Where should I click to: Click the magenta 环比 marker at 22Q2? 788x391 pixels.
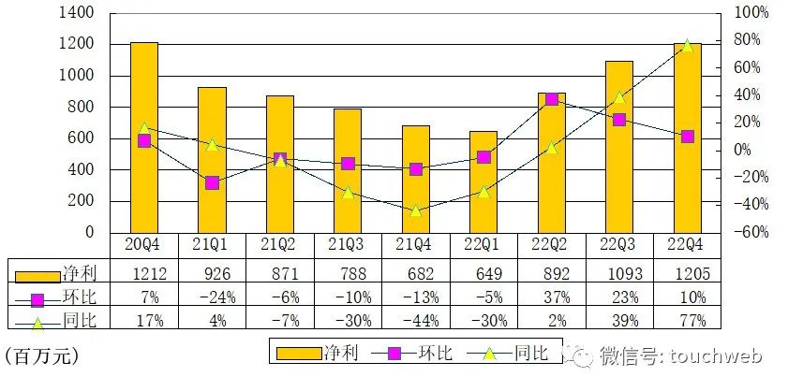551,99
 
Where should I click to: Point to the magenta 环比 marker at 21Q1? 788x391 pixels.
212,182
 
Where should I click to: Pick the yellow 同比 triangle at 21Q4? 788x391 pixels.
415,210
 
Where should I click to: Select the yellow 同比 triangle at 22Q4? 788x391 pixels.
687,45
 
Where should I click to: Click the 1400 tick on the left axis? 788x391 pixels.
77,13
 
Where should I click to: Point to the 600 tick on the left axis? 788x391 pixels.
82,138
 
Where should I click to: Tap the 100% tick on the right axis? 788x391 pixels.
750,13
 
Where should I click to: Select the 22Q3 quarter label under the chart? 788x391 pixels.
619,244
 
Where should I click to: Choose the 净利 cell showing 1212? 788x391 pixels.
143,273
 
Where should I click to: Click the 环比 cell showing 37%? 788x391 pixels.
551,297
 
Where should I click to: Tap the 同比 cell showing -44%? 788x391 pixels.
415,321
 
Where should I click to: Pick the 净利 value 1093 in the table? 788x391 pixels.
619,273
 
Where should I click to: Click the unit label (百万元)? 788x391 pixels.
41,355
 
